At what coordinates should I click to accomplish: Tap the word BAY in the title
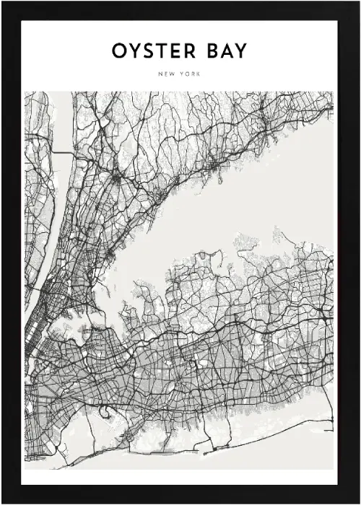click(227, 52)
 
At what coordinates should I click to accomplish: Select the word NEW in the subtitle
click(167, 74)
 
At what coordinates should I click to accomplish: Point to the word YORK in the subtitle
click(191, 74)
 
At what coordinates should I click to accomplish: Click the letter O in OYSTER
click(118, 52)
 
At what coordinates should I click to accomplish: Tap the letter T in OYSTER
click(160, 52)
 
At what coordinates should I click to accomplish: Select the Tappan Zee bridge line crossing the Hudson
click(61, 153)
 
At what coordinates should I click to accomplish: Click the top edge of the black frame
click(180, 9)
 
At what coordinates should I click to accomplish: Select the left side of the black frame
click(9, 252)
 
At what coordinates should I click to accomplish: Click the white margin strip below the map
click(180, 477)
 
